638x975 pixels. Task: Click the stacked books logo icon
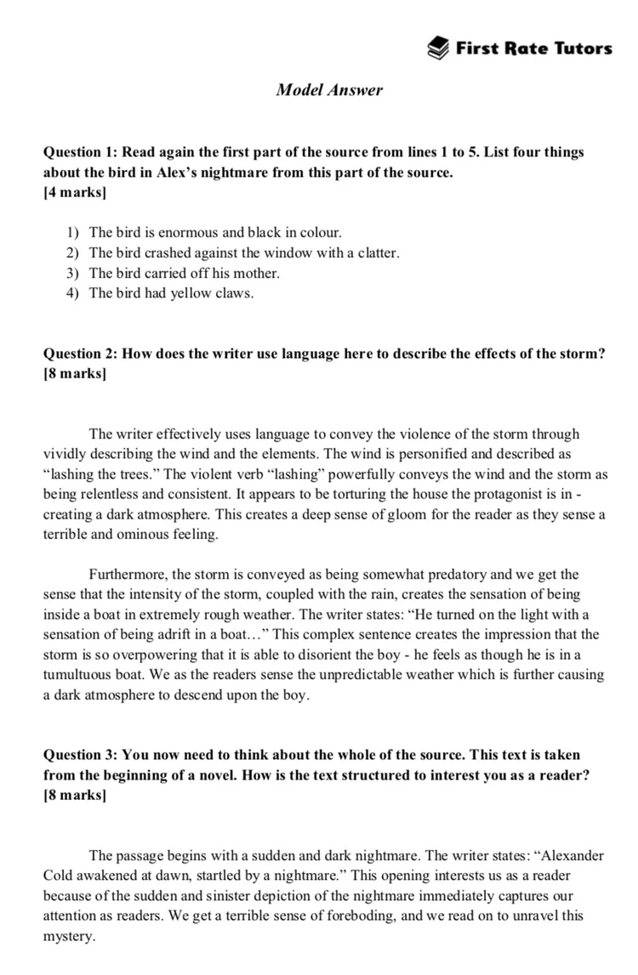pos(439,48)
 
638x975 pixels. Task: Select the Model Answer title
pos(329,90)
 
